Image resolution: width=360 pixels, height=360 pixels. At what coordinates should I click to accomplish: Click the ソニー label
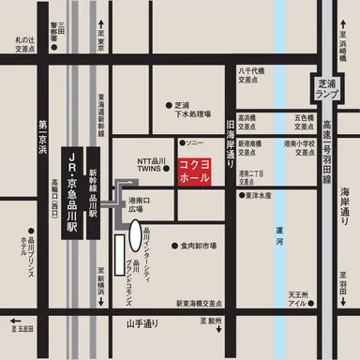point(194,142)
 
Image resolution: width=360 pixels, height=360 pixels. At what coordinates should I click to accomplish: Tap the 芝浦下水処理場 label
point(187,110)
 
